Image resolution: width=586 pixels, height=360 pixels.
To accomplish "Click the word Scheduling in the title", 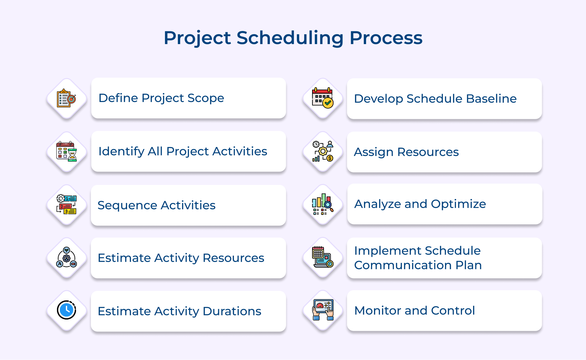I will [x=290, y=38].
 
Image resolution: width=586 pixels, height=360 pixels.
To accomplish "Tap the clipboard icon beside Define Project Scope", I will [x=67, y=98].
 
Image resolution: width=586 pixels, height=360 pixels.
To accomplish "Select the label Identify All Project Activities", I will [x=183, y=151].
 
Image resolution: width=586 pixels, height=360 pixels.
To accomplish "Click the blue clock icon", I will [x=67, y=310].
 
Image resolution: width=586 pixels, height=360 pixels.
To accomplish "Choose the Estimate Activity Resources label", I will [x=181, y=258].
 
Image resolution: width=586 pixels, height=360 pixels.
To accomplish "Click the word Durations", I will [x=232, y=311].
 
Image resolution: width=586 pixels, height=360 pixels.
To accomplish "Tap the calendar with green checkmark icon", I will [x=323, y=98].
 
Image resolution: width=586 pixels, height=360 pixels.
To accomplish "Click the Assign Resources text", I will [x=406, y=152].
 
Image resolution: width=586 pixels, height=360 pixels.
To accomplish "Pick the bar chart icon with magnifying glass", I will [x=323, y=204].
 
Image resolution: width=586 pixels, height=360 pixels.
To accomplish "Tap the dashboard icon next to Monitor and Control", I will [x=323, y=310].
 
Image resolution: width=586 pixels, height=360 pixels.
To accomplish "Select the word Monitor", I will [x=377, y=311].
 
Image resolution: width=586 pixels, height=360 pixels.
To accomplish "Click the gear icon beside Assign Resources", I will [x=323, y=152].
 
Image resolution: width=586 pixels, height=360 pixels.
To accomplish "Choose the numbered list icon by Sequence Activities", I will [x=67, y=204].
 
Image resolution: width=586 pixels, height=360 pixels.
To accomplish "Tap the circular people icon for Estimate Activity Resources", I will [x=67, y=258].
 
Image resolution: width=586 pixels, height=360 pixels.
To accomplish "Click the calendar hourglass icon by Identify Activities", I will [x=67, y=152].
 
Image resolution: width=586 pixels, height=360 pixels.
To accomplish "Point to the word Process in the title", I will [x=386, y=38].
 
